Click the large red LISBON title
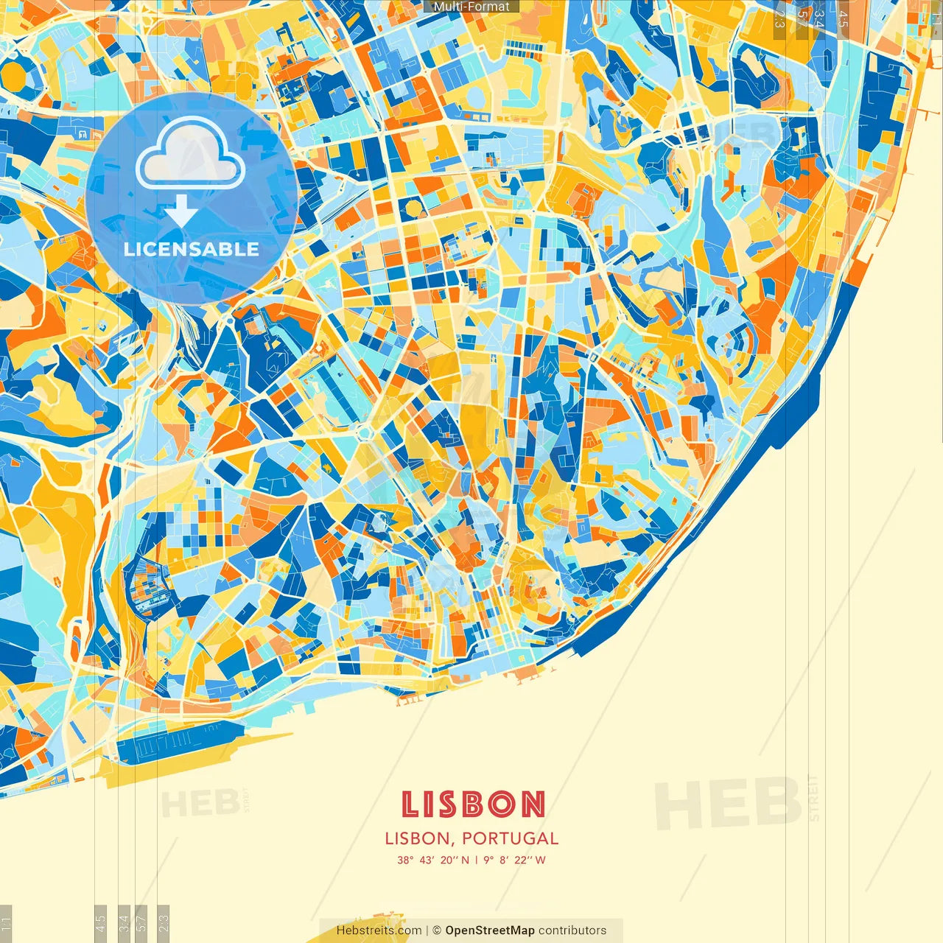coord(472,804)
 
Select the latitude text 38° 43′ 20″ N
coord(433,860)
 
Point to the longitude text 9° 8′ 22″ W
coord(514,860)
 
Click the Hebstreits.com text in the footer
coord(379,930)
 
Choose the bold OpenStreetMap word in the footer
coord(489,930)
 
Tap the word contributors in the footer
coord(572,930)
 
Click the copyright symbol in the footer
coord(437,930)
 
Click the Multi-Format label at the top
coord(471,7)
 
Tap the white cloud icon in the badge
coord(190,153)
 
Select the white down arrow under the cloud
coord(180,211)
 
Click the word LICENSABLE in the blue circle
coord(192,249)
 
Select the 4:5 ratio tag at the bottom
coord(101,922)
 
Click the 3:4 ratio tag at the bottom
coord(124,922)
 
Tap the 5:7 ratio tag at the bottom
coord(142,922)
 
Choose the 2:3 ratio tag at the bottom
coord(164,922)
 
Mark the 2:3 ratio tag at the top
coord(779,19)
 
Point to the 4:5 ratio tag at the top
coord(843,19)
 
